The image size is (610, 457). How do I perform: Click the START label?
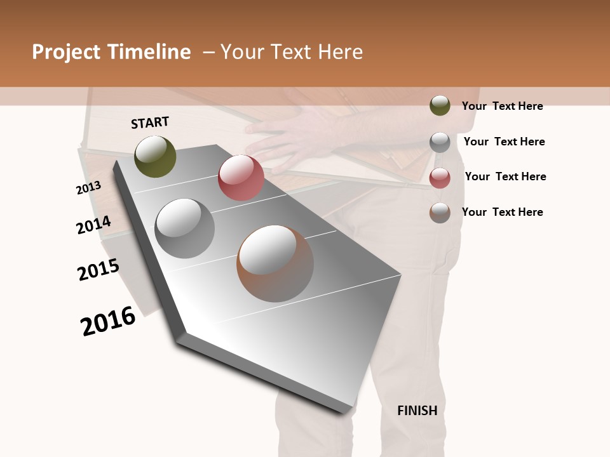tap(150, 123)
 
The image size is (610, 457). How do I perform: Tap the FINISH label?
tap(417, 411)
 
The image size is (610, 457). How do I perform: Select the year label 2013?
tap(88, 188)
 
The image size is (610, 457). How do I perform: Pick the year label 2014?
tap(93, 225)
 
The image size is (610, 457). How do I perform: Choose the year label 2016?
tap(108, 321)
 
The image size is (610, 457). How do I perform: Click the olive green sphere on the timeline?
tap(155, 157)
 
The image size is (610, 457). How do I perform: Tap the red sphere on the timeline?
tap(241, 178)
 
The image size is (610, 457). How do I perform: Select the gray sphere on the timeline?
tap(185, 228)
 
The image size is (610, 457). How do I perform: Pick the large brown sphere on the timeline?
tap(275, 263)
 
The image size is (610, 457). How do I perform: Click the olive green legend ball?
tap(440, 105)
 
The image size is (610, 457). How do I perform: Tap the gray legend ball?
tap(440, 142)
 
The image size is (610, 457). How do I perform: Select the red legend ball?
tap(440, 178)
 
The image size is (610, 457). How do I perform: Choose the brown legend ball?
tap(440, 213)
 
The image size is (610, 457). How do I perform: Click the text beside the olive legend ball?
tap(502, 106)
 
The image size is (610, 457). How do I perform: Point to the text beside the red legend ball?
tap(505, 176)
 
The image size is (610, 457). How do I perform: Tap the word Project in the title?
tap(65, 52)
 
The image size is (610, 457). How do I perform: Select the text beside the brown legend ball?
tap(502, 212)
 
